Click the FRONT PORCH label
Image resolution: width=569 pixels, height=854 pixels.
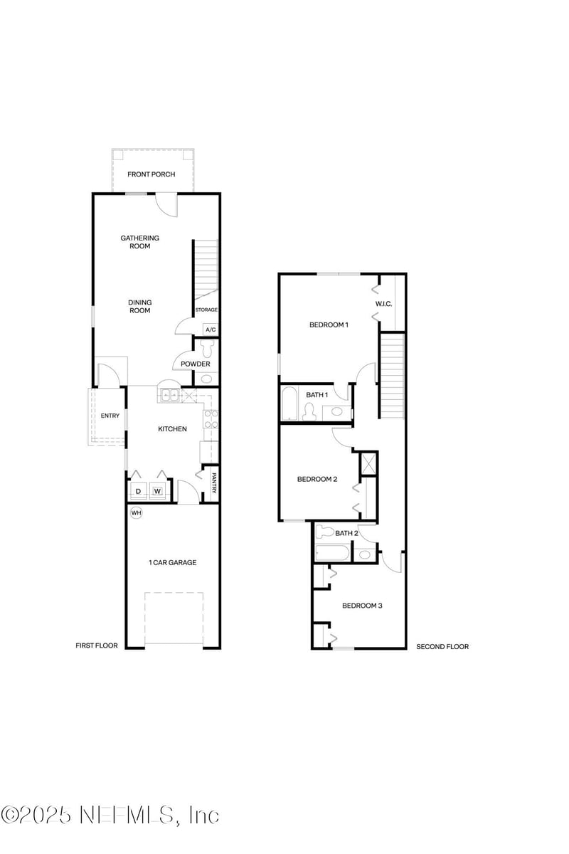tap(151, 174)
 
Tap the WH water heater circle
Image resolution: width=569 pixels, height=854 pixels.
tap(136, 512)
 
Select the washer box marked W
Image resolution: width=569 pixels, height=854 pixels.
tap(157, 491)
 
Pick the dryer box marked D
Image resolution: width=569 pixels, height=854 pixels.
tap(138, 491)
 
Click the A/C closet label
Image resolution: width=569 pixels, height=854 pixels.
tap(211, 330)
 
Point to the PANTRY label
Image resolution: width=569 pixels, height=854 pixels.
tap(213, 483)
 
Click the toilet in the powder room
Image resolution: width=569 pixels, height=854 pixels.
tap(207, 349)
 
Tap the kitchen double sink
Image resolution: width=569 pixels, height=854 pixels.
tap(170, 395)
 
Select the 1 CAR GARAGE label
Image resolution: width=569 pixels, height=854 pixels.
tap(172, 562)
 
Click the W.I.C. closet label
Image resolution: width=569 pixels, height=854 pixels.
tap(384, 305)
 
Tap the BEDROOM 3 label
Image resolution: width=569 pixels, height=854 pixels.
tap(362, 606)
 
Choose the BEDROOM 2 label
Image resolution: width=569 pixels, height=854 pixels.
tap(317, 479)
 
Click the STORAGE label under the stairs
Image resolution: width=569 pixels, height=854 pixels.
tap(206, 310)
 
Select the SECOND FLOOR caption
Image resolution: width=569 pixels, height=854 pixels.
tap(442, 647)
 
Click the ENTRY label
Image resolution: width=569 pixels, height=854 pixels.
tap(110, 416)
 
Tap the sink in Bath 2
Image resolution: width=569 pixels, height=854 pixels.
tap(365, 554)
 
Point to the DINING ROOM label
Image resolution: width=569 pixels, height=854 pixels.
tap(140, 306)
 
